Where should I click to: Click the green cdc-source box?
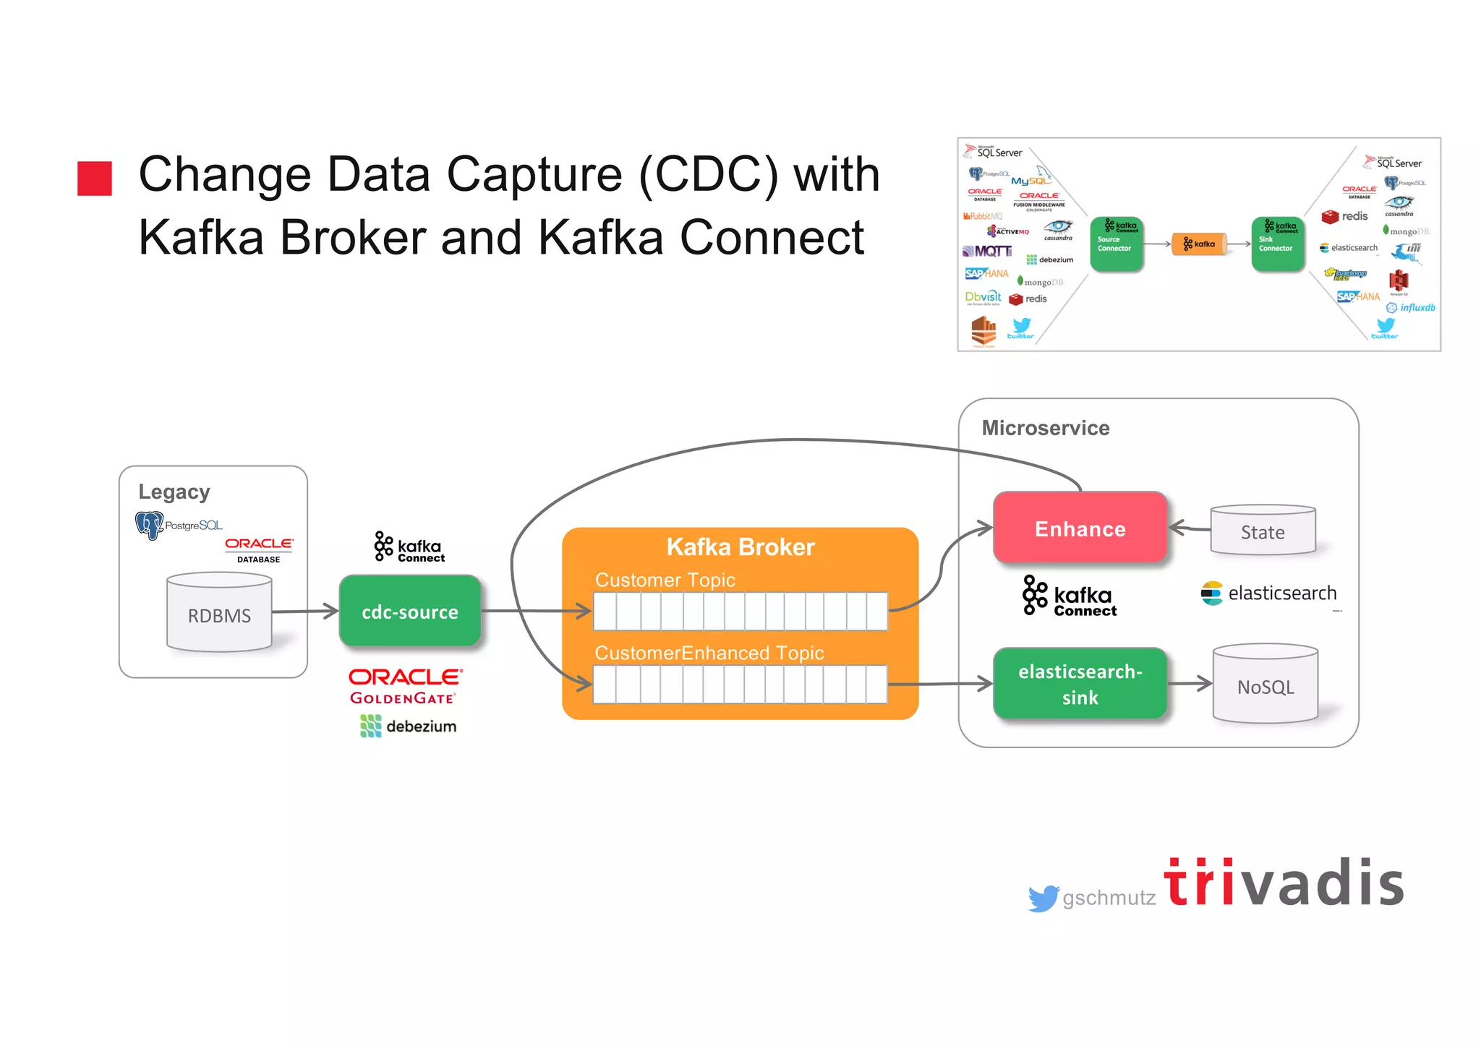pos(410,612)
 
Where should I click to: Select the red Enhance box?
pos(1080,528)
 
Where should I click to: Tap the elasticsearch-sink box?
pos(1080,684)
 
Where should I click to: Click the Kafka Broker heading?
pos(740,547)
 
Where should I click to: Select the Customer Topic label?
pos(665,580)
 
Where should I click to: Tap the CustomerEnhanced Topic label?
pos(709,653)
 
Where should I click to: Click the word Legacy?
pos(174,492)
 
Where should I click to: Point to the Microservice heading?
pos(1045,428)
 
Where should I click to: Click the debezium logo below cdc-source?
pos(409,726)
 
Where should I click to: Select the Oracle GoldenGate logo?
pos(404,686)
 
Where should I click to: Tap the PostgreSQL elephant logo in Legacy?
pos(150,524)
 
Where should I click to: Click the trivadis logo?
pos(1284,883)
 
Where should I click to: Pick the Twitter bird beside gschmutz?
pos(1043,898)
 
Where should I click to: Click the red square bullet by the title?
pos(95,179)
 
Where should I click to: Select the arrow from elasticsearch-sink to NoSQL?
pos(1190,683)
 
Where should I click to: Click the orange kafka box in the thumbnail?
pos(1199,244)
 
